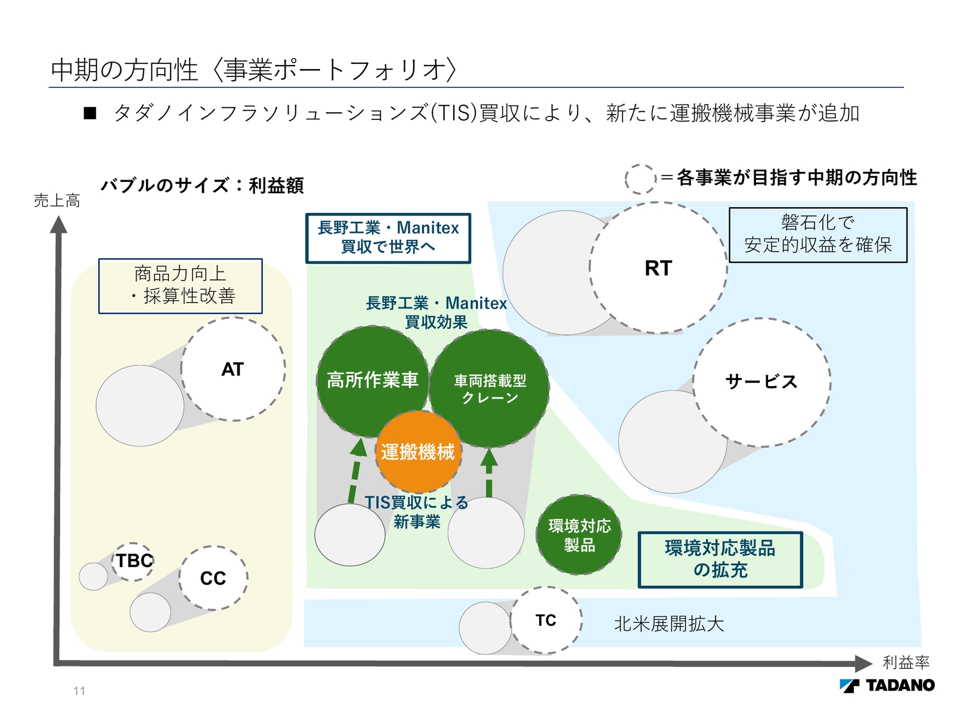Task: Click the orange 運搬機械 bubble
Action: pos(418,452)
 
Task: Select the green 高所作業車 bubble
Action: pos(373,379)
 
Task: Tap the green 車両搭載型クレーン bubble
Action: pos(490,388)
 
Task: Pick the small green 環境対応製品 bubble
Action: pos(579,535)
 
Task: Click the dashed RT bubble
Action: pos(658,268)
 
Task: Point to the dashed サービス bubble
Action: pos(761,382)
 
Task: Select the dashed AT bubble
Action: pos(233,369)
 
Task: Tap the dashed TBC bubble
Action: pos(134,561)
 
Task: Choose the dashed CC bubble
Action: pos(213,578)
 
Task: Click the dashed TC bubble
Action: pos(546,621)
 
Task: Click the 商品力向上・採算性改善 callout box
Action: pos(180,286)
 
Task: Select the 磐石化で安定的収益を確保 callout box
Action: pos(818,234)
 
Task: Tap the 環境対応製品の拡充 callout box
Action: pos(720,560)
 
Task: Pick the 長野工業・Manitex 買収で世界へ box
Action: pos(388,237)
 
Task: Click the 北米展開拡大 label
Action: pos(669,624)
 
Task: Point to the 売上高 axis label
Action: pos(57,201)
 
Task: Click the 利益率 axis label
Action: pos(906,662)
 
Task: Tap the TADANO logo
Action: pos(887,686)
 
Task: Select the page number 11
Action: pos(79,691)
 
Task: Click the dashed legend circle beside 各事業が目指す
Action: pos(640,179)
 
